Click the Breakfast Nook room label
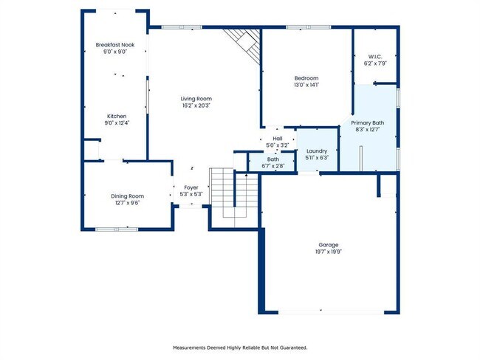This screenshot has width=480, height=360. click(x=114, y=45)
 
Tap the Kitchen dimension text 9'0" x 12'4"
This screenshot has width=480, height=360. click(x=117, y=123)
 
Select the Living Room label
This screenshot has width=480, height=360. click(x=196, y=98)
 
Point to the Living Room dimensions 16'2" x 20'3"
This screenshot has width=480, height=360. click(x=196, y=105)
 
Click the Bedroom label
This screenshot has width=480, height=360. click(x=306, y=78)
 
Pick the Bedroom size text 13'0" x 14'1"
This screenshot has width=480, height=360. click(x=306, y=86)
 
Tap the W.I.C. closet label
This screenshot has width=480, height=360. click(x=375, y=56)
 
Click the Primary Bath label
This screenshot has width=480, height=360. click(x=367, y=122)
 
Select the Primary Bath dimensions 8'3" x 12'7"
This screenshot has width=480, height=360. click(x=367, y=130)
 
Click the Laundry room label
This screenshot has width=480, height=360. click(x=316, y=150)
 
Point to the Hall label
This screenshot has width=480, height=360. click(x=278, y=138)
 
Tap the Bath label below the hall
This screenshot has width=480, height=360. click(x=273, y=159)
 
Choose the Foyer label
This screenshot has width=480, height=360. click(x=191, y=187)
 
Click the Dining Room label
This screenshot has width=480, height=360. click(x=126, y=195)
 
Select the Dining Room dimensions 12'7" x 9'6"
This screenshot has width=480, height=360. click(x=126, y=203)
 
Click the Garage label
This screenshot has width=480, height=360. click(x=329, y=244)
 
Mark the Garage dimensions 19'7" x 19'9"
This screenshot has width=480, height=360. click(x=329, y=252)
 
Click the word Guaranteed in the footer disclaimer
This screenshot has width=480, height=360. click(x=291, y=347)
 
